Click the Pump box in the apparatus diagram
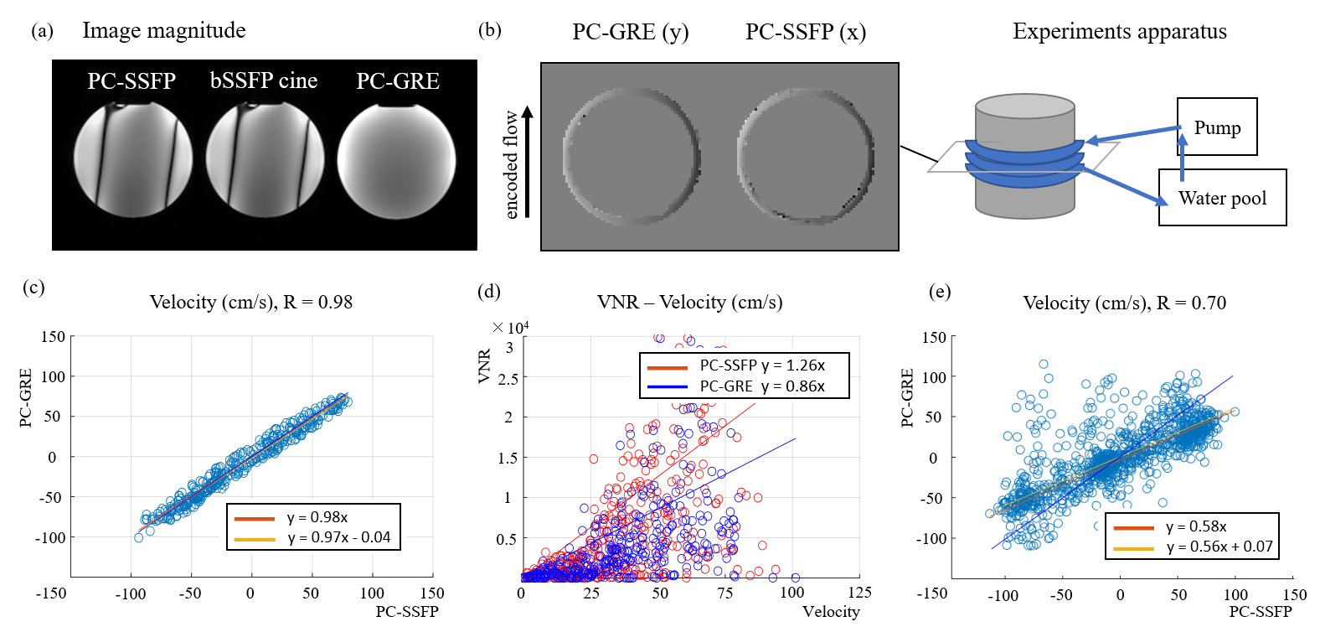coord(1216,127)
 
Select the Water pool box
coord(1222,198)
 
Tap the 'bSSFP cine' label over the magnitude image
coord(264,80)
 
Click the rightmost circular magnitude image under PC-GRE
coord(396,161)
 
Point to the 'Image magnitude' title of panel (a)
coord(164,31)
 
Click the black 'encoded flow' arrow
coord(528,161)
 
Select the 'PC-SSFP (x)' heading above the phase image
coord(806,32)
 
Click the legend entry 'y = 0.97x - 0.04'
coord(338,537)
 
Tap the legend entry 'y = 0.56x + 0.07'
coord(1219,547)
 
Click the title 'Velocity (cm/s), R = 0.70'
coord(1124,303)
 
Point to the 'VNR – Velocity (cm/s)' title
coord(689,302)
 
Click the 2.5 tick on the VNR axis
coord(508,379)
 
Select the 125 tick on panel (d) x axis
coord(859,593)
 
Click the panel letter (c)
coord(34,288)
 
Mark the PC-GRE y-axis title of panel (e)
coord(907,398)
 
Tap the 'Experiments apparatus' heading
coord(1119,32)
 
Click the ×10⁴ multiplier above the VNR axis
coord(510,327)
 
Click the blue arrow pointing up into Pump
coord(1182,157)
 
